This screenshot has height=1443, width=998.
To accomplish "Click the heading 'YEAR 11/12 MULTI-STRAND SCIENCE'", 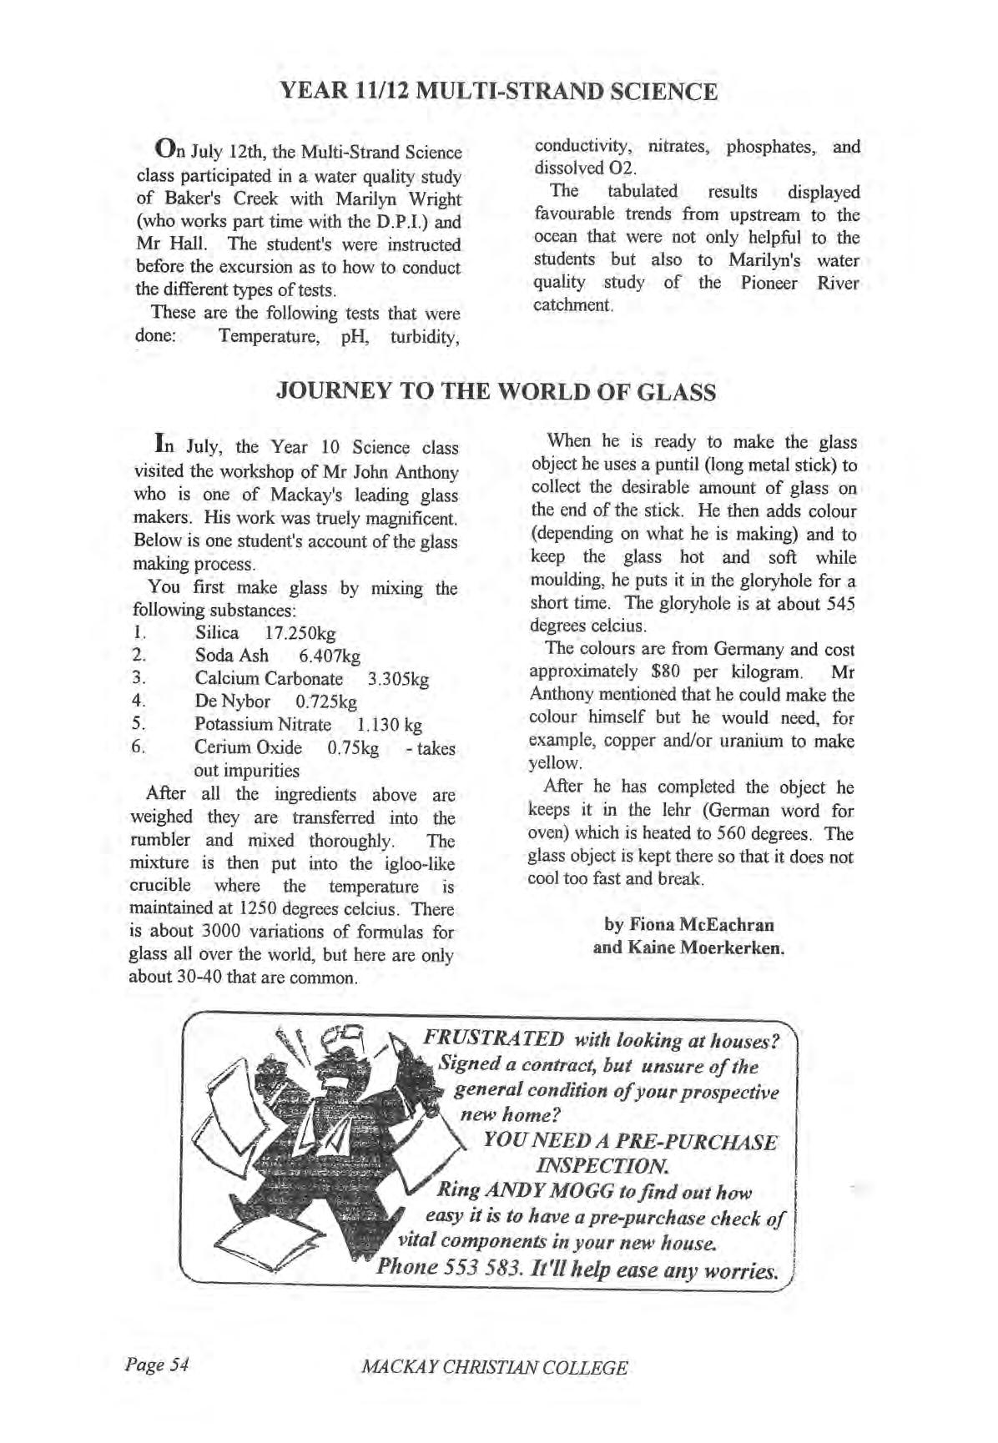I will pyautogui.click(x=498, y=91).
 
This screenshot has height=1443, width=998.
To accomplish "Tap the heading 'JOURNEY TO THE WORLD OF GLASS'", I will pyautogui.click(x=496, y=392).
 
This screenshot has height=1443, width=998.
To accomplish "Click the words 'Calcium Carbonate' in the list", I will pyautogui.click(x=269, y=679).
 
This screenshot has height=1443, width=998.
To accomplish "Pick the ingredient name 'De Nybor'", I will pyautogui.click(x=233, y=701).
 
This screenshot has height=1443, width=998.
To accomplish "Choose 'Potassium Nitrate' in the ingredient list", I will pyautogui.click(x=263, y=725).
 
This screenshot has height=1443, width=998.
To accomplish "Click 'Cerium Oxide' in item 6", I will pyautogui.click(x=248, y=747).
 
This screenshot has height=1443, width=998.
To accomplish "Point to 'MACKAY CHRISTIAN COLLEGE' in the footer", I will pyautogui.click(x=495, y=1368).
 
